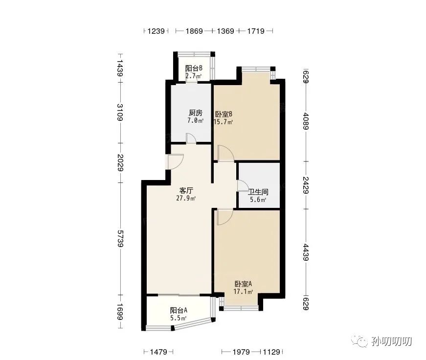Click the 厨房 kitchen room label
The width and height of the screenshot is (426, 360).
click(x=196, y=112)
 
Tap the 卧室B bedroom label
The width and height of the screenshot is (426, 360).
click(x=224, y=114)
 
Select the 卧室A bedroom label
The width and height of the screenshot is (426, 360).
click(x=244, y=284)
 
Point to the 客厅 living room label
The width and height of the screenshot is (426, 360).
click(x=186, y=190)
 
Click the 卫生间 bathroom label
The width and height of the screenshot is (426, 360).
click(x=258, y=192)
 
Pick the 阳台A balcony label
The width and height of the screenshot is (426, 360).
click(x=179, y=310)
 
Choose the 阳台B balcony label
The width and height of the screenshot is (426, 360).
click(x=194, y=68)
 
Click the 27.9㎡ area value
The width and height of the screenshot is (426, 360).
click(x=186, y=198)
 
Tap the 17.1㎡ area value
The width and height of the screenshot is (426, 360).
click(x=244, y=292)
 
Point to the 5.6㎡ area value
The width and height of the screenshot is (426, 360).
click(x=258, y=200)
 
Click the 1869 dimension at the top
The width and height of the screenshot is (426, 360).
click(x=194, y=31)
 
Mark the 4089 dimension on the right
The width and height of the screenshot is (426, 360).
click(x=306, y=121)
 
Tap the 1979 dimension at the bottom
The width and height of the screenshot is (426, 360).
click(x=241, y=352)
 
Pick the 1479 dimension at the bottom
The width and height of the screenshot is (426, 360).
click(x=158, y=352)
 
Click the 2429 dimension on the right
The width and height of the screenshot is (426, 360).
click(x=306, y=185)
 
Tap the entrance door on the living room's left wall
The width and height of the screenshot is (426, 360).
click(x=175, y=162)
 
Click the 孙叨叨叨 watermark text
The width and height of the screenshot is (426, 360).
click(x=392, y=341)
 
